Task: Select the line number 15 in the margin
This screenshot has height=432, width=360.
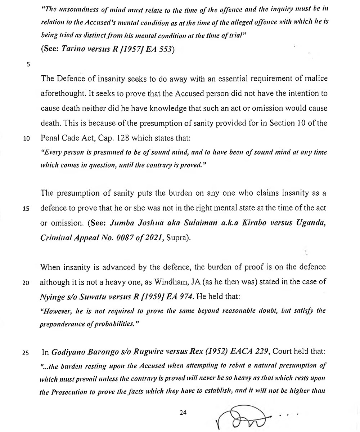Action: click(26, 209)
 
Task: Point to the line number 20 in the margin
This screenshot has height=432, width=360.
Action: click(26, 283)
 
